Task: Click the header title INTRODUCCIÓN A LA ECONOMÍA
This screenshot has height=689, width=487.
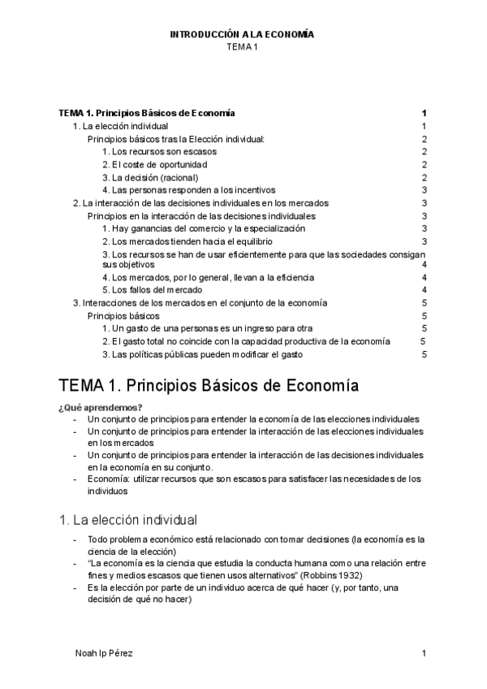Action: (x=241, y=35)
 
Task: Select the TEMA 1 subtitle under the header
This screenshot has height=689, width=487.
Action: (x=241, y=47)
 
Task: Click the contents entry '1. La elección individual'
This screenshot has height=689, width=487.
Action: (x=121, y=127)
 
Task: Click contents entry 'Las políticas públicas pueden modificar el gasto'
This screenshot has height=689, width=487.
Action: (x=204, y=353)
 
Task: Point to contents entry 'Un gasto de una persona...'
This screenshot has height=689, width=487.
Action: (x=208, y=328)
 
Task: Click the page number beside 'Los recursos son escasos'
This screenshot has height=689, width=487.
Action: (x=425, y=152)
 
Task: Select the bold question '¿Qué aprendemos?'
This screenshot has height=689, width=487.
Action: (x=101, y=407)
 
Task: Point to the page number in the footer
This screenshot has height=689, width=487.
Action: (x=424, y=653)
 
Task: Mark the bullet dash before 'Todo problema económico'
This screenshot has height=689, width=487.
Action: (x=75, y=539)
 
